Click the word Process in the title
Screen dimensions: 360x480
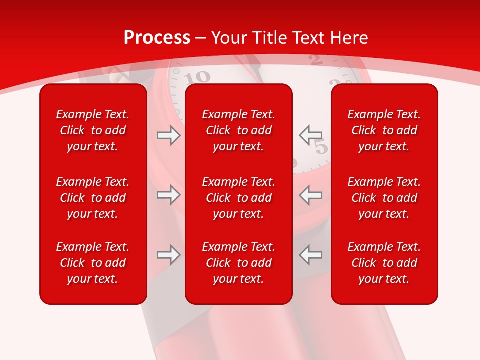pos(157,38)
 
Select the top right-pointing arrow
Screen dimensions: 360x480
pos(168,135)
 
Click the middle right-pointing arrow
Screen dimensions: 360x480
pos(168,195)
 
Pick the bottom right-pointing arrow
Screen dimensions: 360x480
pos(168,255)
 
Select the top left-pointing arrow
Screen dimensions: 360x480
pos(310,135)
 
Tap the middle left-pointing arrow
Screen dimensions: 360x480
pos(310,195)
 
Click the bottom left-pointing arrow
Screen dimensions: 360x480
pos(310,255)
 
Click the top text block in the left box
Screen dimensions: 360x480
pos(93,130)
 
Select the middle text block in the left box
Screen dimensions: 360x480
pos(93,198)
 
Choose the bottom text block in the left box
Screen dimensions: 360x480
pos(93,263)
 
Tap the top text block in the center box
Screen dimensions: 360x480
pos(239,130)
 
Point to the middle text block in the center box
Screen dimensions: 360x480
pos(239,198)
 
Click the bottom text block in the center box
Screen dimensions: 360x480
pos(239,263)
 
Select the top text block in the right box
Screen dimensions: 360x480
pos(384,130)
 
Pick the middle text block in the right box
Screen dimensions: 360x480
pos(384,198)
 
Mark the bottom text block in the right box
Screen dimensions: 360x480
pos(384,263)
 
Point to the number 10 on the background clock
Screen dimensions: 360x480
pos(197,77)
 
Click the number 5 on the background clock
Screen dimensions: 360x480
pos(322,148)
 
